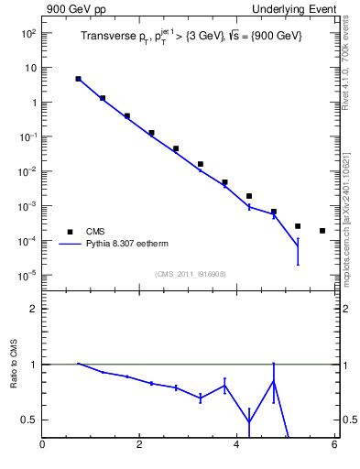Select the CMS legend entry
point(95,232)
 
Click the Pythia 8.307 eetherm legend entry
point(126,245)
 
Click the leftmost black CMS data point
point(78,79)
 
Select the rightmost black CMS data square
point(322,231)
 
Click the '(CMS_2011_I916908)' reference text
point(191,274)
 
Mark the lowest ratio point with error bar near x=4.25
point(249,422)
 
